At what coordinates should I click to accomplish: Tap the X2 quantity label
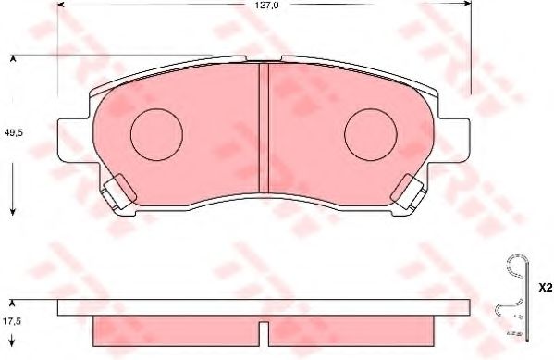coord(544,288)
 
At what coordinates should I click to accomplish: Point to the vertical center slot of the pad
coord(263,125)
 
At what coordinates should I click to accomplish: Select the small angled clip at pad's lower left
coord(117,192)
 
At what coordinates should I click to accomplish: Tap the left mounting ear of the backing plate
coord(74,139)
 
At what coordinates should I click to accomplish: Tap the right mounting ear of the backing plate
coord(453,139)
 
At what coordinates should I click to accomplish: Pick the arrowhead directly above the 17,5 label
coord(13,303)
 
